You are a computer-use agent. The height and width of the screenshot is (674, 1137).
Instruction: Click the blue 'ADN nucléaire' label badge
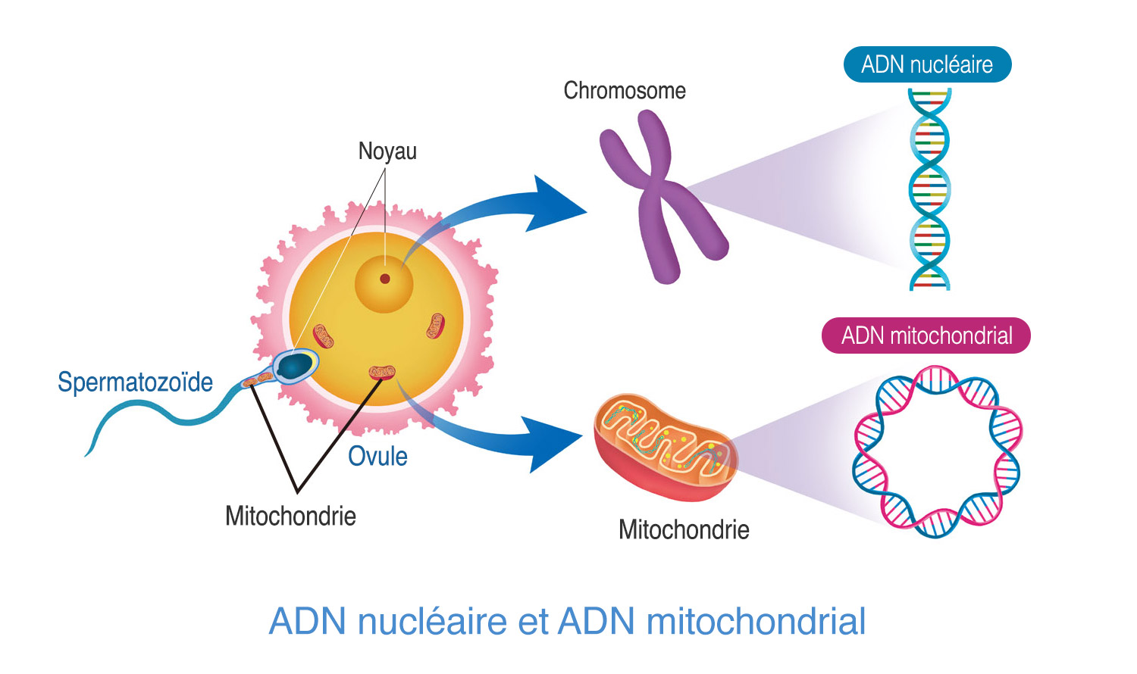coord(927,64)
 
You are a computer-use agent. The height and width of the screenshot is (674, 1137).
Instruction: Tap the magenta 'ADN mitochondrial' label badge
coord(926,335)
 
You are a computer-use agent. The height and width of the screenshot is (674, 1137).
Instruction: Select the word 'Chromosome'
coord(625,91)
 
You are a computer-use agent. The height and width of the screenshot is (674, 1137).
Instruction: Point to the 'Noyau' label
coord(387,151)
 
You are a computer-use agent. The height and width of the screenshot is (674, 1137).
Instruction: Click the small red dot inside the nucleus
coord(385,279)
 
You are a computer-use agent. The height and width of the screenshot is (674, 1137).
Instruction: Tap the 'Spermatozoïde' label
coord(135,382)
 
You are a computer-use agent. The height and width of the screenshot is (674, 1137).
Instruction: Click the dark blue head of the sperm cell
coord(293,367)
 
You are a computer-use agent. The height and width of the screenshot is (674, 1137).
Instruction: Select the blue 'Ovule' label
coord(377,457)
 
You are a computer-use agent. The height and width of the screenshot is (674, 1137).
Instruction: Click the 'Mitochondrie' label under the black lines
coord(290,516)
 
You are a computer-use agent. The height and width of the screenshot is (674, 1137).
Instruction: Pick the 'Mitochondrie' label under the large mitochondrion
coord(684,530)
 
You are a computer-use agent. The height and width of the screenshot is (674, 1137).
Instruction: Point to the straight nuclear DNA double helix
coord(929,189)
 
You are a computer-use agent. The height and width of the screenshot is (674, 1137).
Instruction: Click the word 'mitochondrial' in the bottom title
coord(756,622)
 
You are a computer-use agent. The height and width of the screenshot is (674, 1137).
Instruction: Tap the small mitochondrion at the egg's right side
coord(434,326)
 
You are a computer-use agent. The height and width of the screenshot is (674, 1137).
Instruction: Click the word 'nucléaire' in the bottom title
coord(431,622)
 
